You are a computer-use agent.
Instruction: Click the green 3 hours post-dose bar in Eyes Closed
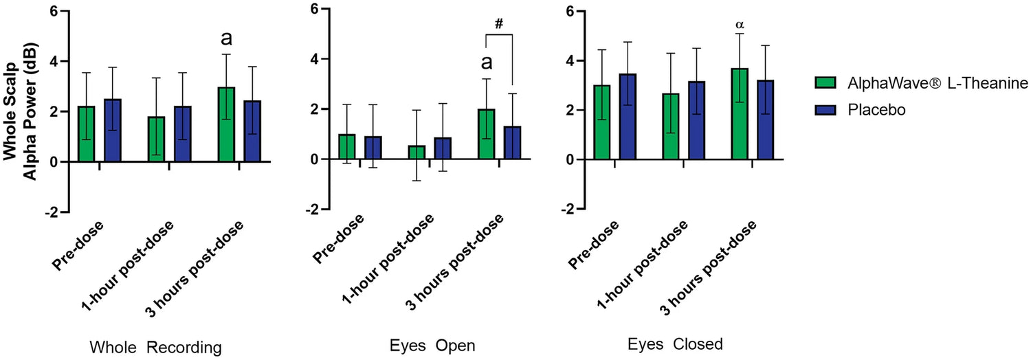tap(740, 114)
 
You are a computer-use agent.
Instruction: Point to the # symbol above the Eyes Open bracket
tap(500, 23)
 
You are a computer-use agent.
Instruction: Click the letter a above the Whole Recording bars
tap(227, 38)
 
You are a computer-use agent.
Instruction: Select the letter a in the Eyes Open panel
tap(487, 63)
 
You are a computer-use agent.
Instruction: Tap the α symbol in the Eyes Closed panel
tap(740, 25)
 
